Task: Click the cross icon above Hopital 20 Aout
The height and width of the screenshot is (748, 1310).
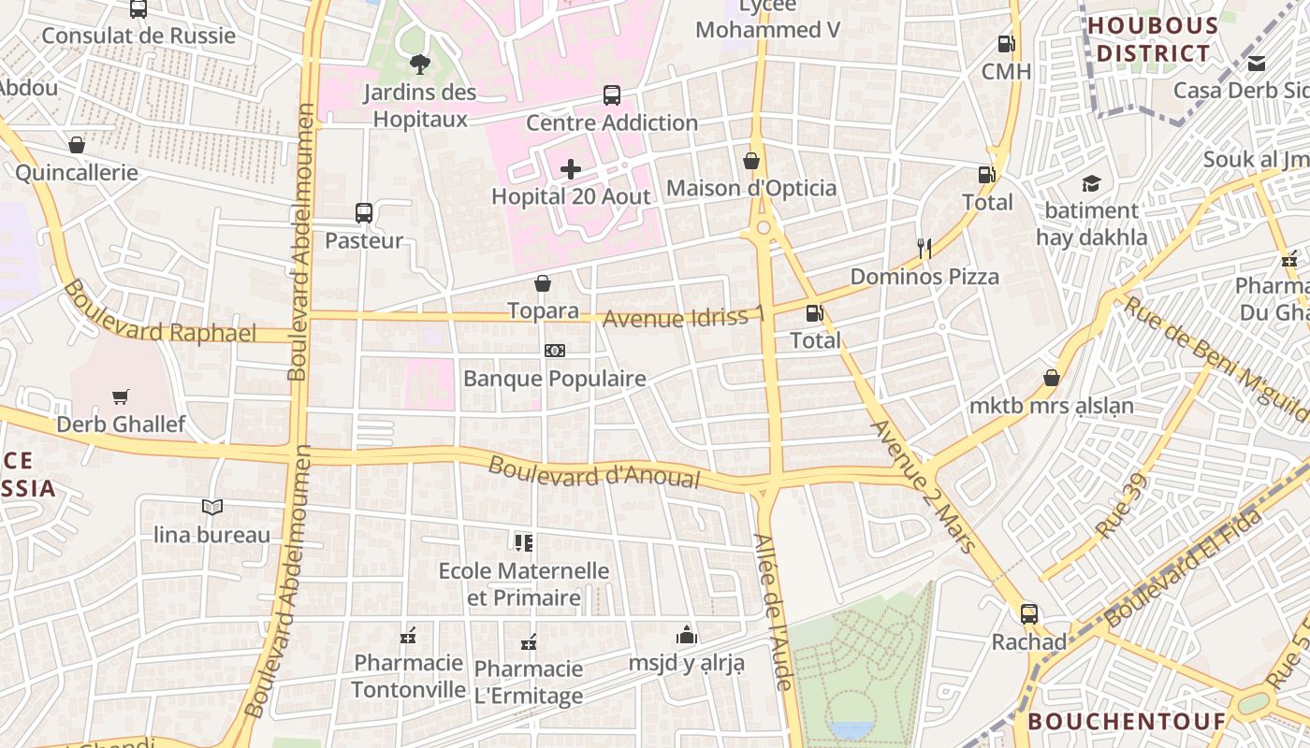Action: point(571,169)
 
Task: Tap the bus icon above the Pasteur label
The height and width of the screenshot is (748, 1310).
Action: point(364,213)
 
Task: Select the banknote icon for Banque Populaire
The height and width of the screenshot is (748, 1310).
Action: point(555,351)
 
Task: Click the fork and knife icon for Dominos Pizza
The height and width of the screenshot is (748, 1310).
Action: point(924,248)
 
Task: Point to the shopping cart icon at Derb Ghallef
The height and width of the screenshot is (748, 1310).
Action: point(120,396)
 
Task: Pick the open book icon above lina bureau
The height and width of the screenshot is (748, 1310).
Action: point(212,507)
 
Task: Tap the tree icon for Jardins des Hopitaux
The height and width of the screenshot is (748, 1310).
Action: point(419,64)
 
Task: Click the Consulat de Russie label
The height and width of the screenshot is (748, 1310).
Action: point(138,36)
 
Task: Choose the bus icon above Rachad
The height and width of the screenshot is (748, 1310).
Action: point(1029,614)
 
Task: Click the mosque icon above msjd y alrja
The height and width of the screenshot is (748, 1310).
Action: point(687,635)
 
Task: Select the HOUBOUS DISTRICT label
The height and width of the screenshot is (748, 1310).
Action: point(1153,39)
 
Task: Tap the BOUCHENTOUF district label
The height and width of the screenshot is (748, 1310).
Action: point(1127,721)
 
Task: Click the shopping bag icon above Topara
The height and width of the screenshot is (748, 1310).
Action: point(543,282)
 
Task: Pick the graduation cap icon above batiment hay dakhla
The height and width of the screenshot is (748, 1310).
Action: point(1091,183)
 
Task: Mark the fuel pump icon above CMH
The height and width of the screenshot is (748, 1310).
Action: point(1006,43)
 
